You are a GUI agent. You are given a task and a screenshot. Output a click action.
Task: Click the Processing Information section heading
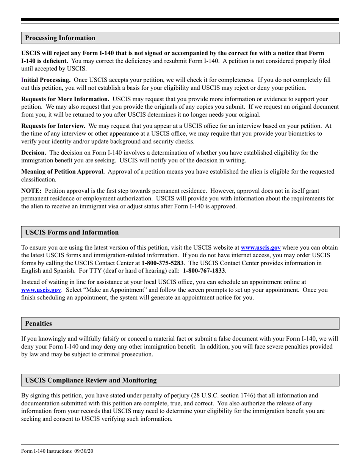click(x=60, y=38)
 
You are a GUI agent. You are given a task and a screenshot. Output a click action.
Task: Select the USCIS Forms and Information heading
click(x=72, y=232)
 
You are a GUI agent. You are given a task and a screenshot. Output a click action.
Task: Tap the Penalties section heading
click(x=38, y=324)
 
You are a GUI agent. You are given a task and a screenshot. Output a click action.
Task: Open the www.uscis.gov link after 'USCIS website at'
click(x=261, y=248)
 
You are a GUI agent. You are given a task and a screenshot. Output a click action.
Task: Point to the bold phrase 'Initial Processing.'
click(x=46, y=80)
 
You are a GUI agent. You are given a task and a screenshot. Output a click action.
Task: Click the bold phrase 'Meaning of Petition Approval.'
click(x=63, y=172)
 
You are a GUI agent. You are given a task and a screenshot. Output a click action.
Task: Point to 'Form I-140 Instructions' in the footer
click(x=46, y=451)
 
